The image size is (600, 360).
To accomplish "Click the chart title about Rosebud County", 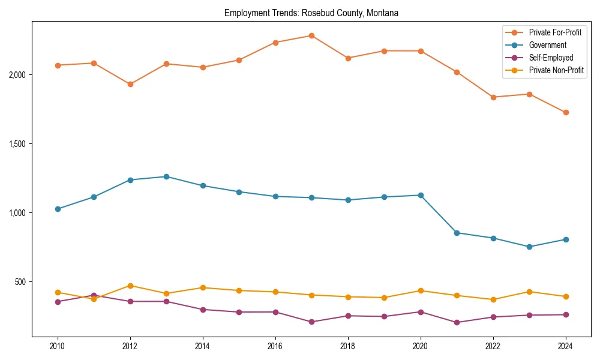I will (x=311, y=13).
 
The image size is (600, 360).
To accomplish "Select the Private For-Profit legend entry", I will (x=555, y=32).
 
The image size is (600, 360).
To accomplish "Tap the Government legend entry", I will (x=547, y=45).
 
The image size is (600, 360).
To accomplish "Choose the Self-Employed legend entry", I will (x=551, y=58).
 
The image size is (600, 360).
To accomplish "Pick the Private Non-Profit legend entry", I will (x=556, y=70).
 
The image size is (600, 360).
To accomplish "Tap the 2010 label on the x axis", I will (x=58, y=346).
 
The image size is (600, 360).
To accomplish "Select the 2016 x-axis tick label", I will (x=275, y=346).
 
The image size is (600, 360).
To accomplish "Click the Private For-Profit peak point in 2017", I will (x=311, y=36).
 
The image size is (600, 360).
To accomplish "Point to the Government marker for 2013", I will (x=166, y=176).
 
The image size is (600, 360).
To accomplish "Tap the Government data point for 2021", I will (x=457, y=233).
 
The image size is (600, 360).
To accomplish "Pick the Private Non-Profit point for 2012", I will (x=130, y=286).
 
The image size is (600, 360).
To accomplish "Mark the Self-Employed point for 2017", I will (x=311, y=322).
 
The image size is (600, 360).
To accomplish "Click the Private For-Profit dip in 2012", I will (x=130, y=84).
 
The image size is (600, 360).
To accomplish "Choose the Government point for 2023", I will (x=529, y=247).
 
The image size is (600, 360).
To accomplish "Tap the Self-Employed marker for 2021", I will (x=457, y=322).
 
